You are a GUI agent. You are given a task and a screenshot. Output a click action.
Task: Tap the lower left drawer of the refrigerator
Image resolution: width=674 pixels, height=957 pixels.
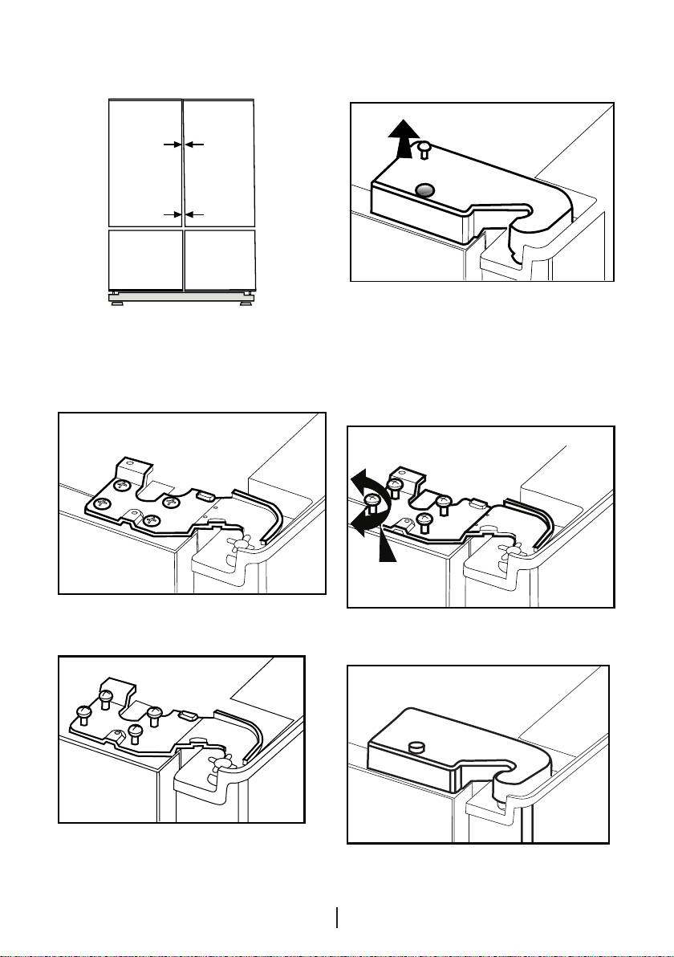(144, 259)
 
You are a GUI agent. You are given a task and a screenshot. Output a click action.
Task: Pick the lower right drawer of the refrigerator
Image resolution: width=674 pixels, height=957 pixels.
(219, 259)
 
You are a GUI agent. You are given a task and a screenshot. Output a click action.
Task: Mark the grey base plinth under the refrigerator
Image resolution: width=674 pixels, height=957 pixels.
(181, 296)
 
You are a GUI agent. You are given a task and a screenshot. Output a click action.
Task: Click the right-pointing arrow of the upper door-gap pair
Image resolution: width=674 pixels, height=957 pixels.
(170, 145)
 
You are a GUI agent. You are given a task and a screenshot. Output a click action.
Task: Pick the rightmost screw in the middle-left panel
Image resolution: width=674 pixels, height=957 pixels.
(170, 502)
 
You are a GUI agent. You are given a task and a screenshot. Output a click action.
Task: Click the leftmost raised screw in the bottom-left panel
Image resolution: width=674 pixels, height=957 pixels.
(82, 713)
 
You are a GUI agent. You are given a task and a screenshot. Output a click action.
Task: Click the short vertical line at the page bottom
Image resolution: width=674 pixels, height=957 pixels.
(337, 917)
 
